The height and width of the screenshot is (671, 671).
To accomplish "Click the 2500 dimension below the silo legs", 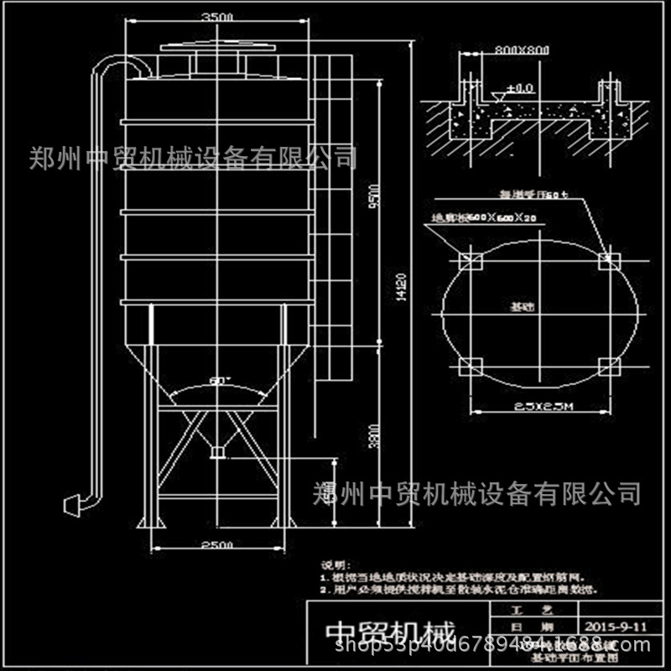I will [x=216, y=546].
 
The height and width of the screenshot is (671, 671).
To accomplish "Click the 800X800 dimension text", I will [x=523, y=50].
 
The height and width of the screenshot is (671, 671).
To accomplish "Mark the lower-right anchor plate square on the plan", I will [x=611, y=367].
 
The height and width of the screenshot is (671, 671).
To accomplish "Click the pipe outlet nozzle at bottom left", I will [x=74, y=502].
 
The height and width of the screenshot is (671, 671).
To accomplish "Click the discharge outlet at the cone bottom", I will [x=220, y=453].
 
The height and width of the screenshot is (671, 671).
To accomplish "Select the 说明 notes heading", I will [x=335, y=567].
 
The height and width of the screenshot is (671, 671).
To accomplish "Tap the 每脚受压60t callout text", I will [x=534, y=195].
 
